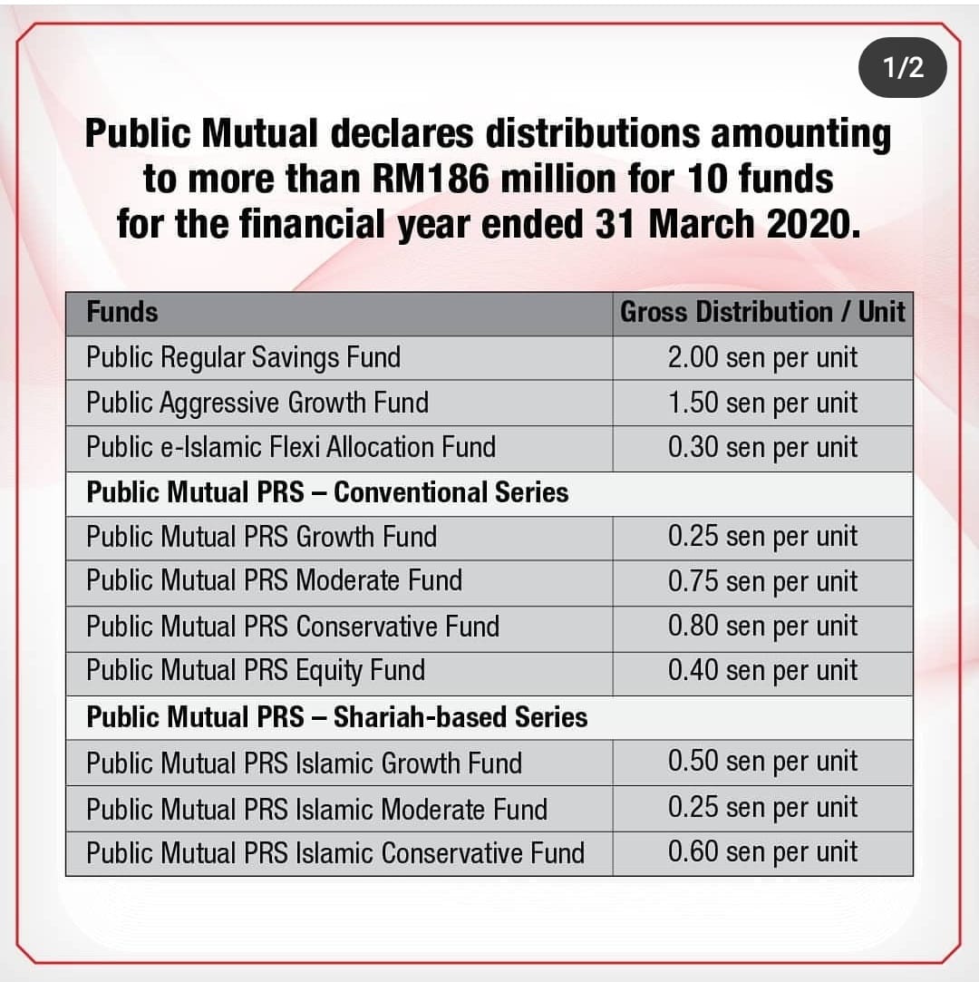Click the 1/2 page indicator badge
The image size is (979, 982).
902,68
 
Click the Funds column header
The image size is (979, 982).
122,312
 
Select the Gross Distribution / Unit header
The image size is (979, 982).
762,312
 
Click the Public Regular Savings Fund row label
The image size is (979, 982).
244,357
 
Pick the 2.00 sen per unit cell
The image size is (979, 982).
762,357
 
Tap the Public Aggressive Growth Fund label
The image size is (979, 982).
257,403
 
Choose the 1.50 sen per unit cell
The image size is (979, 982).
762,403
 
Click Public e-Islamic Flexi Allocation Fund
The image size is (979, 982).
291,447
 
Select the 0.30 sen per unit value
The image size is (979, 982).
762,448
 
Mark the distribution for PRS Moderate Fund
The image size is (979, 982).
762,581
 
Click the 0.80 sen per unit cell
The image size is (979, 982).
762,627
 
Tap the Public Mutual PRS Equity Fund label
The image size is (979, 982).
256,671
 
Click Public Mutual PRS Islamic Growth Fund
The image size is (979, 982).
305,763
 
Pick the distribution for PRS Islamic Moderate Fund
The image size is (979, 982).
762,807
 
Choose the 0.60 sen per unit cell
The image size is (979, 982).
762,852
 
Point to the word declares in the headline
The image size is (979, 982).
402,133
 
